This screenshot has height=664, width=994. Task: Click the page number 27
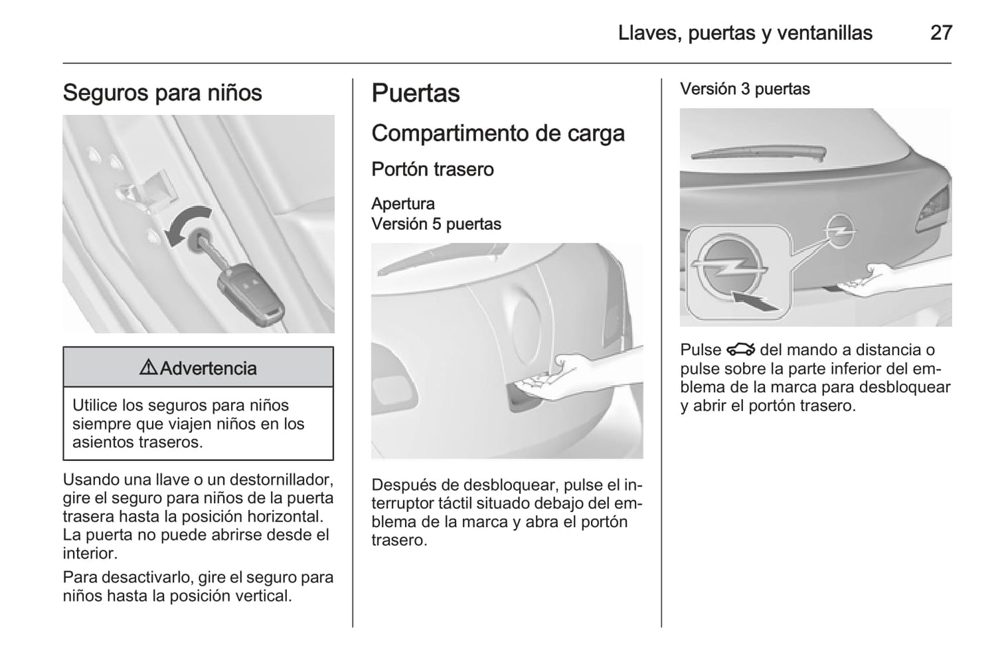point(940,32)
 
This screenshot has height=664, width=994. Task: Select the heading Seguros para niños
point(162,93)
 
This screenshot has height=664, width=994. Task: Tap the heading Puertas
point(415,94)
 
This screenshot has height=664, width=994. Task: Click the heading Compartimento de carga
point(497,133)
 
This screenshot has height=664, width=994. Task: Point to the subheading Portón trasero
point(432,169)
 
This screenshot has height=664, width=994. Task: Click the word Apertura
point(403,204)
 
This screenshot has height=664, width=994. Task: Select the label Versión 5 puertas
point(436,224)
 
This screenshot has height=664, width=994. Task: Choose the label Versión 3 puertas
point(745,89)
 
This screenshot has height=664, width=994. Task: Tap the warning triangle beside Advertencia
point(148,368)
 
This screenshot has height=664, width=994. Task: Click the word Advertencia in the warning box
point(208,368)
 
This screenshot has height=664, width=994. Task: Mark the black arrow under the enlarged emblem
point(756,301)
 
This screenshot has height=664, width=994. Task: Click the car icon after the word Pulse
point(740,350)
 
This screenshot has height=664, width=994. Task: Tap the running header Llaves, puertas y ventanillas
point(745,32)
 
